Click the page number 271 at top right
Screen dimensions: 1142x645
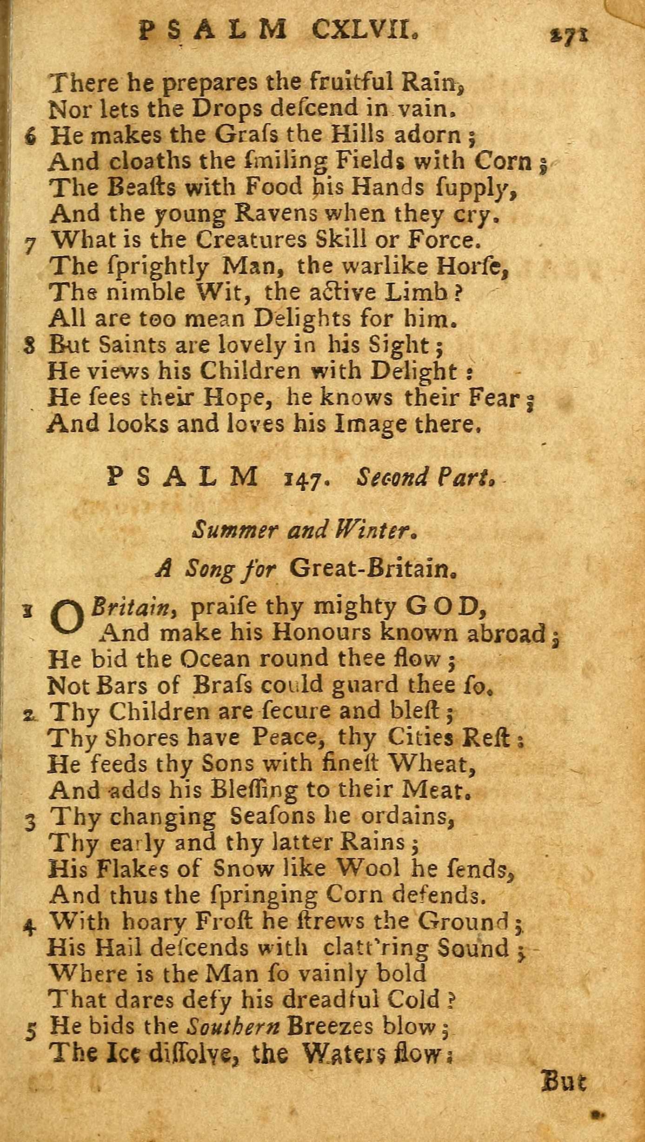[x=568, y=35]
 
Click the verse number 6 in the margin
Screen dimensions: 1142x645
[x=31, y=138]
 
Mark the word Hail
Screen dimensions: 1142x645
[x=117, y=947]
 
